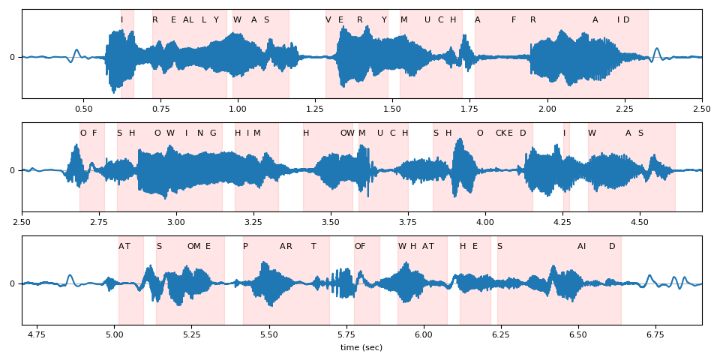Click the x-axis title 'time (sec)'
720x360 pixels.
[x=361, y=347]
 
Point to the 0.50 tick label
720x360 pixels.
[x=83, y=108]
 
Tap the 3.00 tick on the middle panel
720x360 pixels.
[x=176, y=221]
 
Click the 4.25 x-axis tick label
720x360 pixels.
[x=562, y=221]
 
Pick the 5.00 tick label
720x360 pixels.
[x=115, y=334]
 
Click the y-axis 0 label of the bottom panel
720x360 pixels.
[x=12, y=283]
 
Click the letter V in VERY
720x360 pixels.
[x=328, y=20]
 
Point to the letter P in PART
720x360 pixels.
[x=245, y=246]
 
